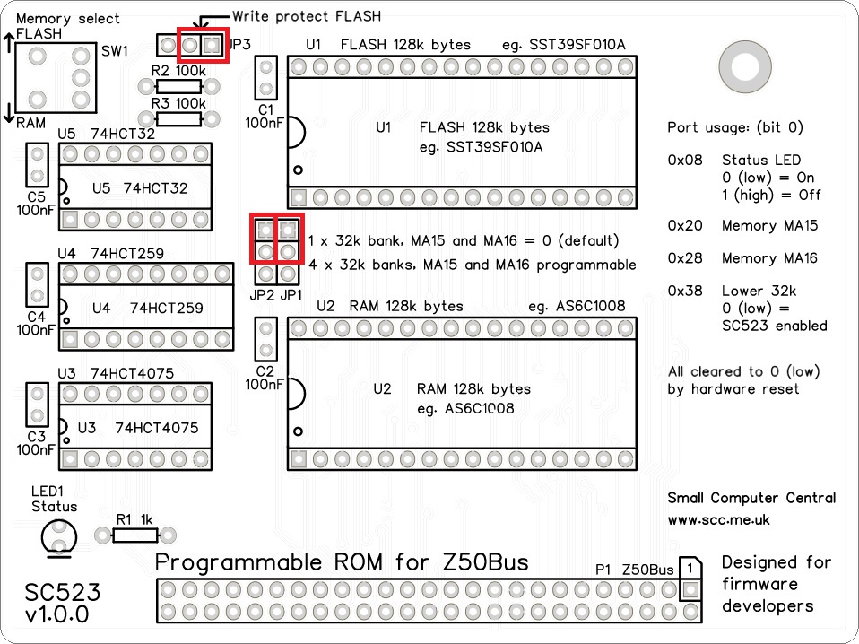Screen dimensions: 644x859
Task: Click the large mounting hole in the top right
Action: click(744, 66)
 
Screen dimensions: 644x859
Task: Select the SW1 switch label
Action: click(115, 51)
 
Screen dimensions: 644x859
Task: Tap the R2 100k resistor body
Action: click(178, 87)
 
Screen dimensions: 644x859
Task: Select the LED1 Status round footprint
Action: click(58, 537)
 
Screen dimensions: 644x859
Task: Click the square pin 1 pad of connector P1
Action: click(690, 590)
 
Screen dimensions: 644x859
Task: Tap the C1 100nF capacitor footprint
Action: click(265, 78)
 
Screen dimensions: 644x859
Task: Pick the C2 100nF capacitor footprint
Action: click(265, 340)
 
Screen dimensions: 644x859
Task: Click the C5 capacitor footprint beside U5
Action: click(37, 165)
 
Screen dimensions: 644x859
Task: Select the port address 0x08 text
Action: click(685, 161)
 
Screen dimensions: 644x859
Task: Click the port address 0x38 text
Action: click(685, 292)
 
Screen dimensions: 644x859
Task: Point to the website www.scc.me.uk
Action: click(718, 519)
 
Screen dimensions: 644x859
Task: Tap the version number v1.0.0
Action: click(57, 615)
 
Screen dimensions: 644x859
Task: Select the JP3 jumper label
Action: click(240, 44)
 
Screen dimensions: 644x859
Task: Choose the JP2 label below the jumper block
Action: click(263, 294)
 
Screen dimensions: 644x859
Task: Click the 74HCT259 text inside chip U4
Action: click(166, 309)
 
